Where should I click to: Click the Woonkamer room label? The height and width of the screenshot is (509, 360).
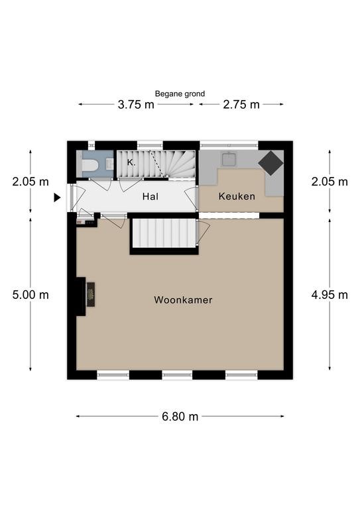[x=183, y=300]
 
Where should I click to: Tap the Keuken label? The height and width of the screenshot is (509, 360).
[x=237, y=196]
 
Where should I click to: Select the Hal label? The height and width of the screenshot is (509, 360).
[x=150, y=196]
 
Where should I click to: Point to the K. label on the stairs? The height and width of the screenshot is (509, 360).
[x=131, y=162]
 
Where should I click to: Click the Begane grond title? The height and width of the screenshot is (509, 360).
[x=180, y=94]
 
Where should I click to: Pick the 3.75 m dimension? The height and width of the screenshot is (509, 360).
[x=136, y=105]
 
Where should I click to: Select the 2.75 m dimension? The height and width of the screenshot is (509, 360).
[x=241, y=105]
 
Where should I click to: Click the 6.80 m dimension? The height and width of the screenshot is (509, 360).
[x=180, y=416]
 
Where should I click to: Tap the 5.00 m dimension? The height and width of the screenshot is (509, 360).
[x=30, y=295]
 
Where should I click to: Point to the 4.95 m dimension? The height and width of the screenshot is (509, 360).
[x=330, y=295]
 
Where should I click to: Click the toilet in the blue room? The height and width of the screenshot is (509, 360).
[x=91, y=164]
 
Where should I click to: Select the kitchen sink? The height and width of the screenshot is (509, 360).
[x=229, y=159]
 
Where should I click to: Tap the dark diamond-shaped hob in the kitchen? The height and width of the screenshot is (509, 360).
[x=270, y=163]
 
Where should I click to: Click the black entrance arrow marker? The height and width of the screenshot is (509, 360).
[x=57, y=198]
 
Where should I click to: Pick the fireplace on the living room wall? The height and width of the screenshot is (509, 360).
[x=91, y=294]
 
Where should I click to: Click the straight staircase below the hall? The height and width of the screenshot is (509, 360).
[x=164, y=233]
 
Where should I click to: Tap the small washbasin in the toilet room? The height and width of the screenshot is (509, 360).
[x=109, y=164]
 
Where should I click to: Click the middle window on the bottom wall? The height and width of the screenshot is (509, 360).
[x=177, y=375]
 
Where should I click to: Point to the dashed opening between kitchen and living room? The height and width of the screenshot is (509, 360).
[x=229, y=215]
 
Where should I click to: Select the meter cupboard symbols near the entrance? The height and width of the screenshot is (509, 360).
[x=86, y=223]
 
